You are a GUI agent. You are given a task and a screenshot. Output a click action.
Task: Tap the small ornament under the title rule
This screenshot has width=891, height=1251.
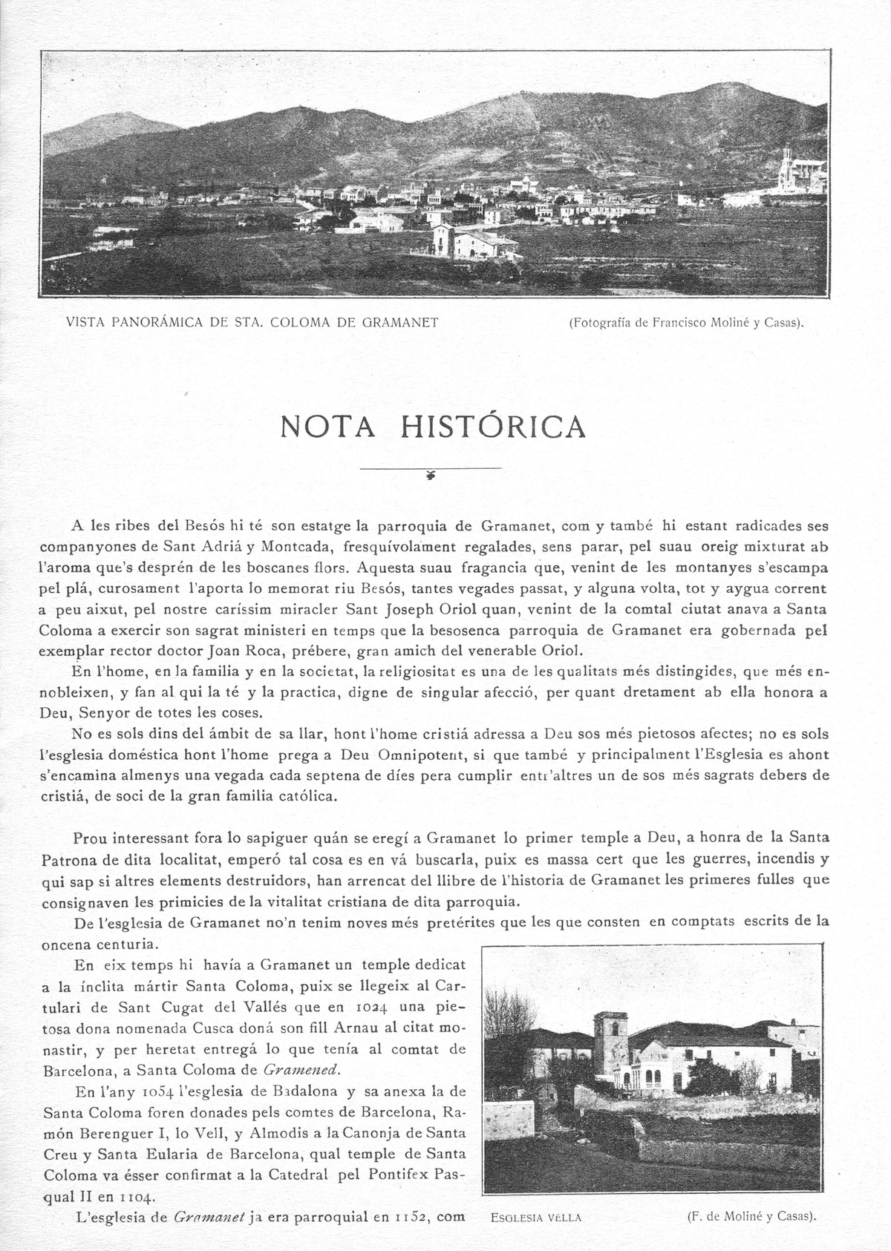point(431,476)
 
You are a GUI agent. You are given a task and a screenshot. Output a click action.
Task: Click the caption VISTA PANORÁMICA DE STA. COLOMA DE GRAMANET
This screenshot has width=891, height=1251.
point(252,321)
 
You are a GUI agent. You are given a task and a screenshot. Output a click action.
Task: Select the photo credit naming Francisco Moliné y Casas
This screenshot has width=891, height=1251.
point(688,322)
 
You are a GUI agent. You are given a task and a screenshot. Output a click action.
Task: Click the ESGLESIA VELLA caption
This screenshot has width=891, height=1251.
point(536,1217)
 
